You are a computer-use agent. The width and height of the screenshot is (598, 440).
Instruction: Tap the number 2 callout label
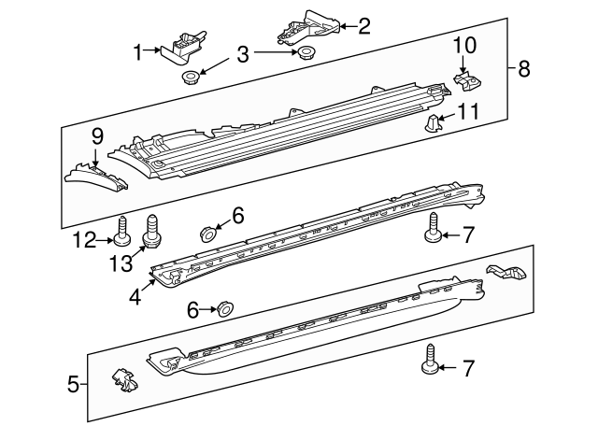[x=364, y=25]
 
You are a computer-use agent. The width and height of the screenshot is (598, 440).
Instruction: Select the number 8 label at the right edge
[x=523, y=67]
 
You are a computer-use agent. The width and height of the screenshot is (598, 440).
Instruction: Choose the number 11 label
[x=468, y=112]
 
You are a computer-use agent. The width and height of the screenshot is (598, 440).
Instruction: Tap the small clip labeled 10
[x=463, y=78]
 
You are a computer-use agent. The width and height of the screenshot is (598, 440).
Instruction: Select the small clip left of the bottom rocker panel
[x=119, y=380]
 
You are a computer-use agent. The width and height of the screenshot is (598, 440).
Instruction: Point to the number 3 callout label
[x=243, y=54]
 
